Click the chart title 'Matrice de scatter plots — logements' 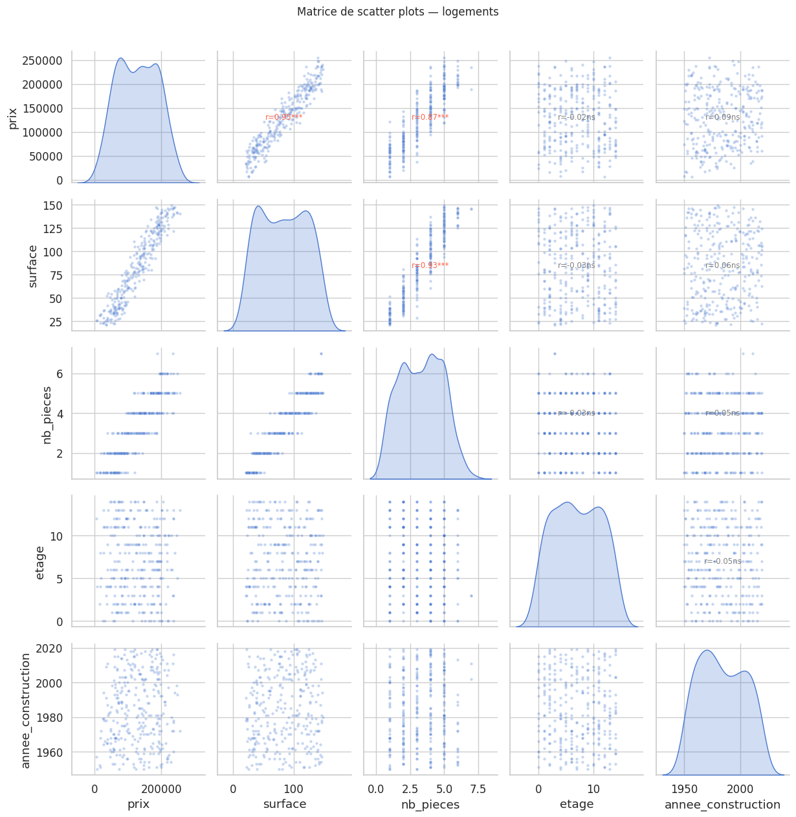pos(397,12)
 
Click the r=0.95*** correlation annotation pos(284,117)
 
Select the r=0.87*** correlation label pos(430,117)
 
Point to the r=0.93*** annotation pos(430,265)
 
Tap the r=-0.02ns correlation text pos(577,117)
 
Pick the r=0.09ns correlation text pos(723,117)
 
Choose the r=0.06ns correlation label pos(723,265)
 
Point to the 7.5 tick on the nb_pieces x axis pos(478,789)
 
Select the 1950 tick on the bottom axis pos(685,789)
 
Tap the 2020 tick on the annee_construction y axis pos(50,649)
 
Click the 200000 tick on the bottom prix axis pos(162,789)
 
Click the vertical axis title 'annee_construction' pos(26,710)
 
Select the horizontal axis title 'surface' pos(284,805)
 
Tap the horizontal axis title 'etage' pos(577,805)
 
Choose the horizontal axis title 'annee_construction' pos(723,805)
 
